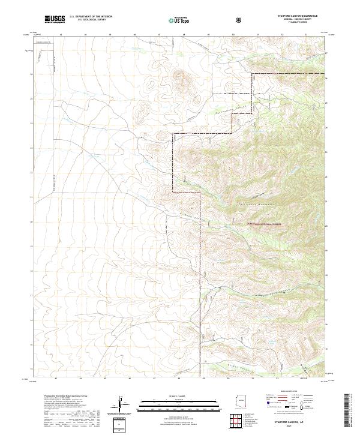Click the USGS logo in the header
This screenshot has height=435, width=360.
[x=55, y=19]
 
